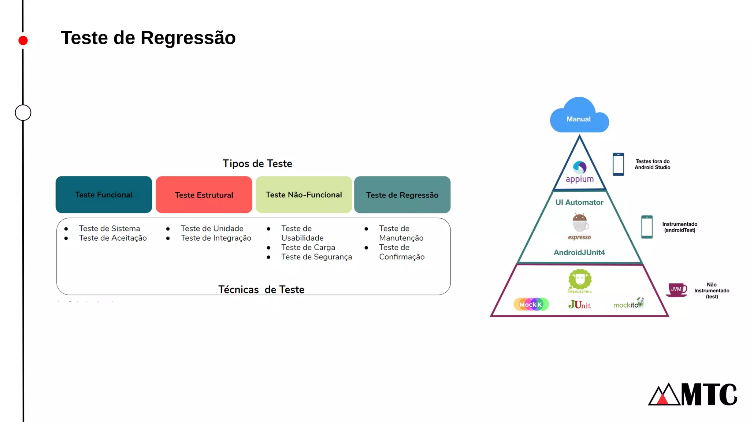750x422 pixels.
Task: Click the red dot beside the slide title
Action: tap(23, 40)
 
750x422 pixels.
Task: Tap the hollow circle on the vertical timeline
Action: tap(23, 112)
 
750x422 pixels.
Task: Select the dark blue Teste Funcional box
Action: tap(104, 195)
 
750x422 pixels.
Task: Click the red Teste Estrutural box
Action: tap(204, 195)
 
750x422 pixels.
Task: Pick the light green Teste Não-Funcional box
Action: tap(304, 195)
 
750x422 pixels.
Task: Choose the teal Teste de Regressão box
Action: tap(402, 195)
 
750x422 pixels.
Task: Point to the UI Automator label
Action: tap(579, 202)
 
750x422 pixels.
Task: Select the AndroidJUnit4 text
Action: tap(579, 252)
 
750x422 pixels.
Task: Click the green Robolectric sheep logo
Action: tap(580, 281)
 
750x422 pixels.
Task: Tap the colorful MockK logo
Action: tap(531, 304)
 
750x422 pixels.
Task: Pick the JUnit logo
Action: tap(579, 304)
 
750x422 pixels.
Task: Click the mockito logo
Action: tap(628, 304)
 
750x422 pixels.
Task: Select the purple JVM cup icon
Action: tap(676, 290)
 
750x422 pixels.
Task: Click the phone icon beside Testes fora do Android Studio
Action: tap(618, 164)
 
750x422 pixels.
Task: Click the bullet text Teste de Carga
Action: tap(308, 247)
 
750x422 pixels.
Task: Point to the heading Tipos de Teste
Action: tap(257, 163)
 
